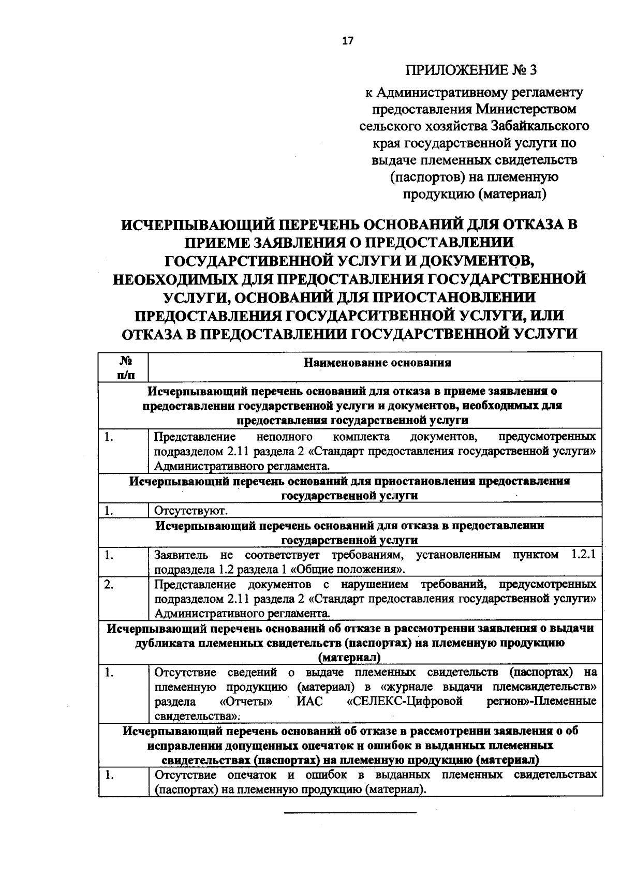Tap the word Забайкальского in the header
coord(540,126)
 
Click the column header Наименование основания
coord(377,363)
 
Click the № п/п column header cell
coord(123,367)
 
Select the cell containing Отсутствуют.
coord(191,511)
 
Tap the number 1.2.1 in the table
coord(583,555)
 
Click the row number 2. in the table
coord(109,585)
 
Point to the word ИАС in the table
coord(309,702)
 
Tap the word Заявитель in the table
coord(181,555)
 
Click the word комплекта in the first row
coord(362,437)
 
